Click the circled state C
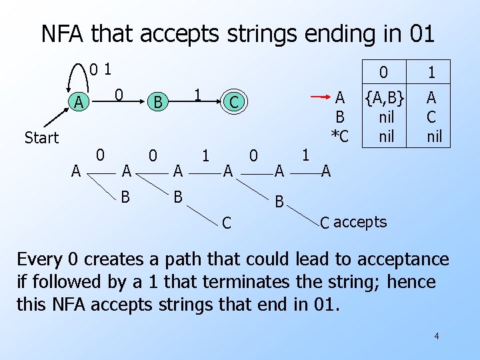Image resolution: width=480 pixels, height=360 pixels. (234, 102)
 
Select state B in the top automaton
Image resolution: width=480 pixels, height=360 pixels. (158, 102)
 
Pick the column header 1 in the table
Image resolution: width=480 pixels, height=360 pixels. (431, 71)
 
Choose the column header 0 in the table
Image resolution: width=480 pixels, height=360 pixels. (383, 71)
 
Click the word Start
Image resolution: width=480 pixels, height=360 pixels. (41, 138)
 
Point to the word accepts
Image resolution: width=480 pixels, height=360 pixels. (360, 222)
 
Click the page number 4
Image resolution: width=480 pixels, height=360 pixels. (436, 336)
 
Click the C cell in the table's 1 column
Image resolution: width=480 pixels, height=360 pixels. (431, 118)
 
